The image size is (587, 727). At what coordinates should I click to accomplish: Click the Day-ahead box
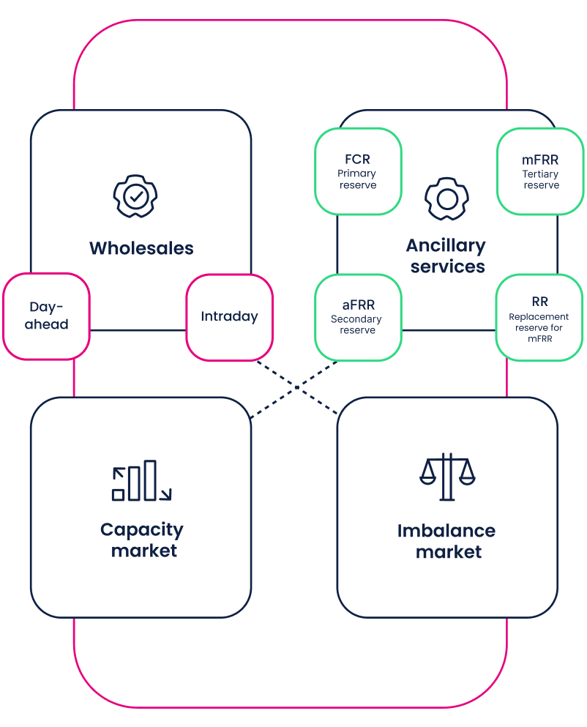coord(46,316)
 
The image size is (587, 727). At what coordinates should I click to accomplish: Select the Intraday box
coord(229,317)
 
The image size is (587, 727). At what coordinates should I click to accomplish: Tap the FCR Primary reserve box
coord(357,171)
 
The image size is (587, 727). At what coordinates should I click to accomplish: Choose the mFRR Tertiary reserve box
coord(540,171)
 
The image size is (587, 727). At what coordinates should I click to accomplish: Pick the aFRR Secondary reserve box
coord(357,317)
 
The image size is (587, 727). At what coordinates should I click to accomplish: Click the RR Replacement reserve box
coord(539,317)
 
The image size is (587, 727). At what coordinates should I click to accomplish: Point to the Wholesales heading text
coord(141,248)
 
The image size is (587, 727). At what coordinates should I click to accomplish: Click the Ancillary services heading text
coord(446,256)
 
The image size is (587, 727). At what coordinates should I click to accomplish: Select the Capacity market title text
coord(142,540)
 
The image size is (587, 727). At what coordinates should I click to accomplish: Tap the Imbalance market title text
coord(447,541)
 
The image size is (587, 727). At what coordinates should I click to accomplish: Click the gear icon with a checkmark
coord(135,195)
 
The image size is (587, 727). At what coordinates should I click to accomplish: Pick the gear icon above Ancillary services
coord(446,198)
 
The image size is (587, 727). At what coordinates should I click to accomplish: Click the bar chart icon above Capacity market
coord(141,481)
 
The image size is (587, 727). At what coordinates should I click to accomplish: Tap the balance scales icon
coord(447,477)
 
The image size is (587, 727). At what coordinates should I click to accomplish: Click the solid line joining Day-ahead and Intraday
coord(138,330)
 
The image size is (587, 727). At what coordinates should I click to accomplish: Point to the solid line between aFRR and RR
coord(448,330)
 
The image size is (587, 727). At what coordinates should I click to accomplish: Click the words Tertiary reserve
coord(540,180)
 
